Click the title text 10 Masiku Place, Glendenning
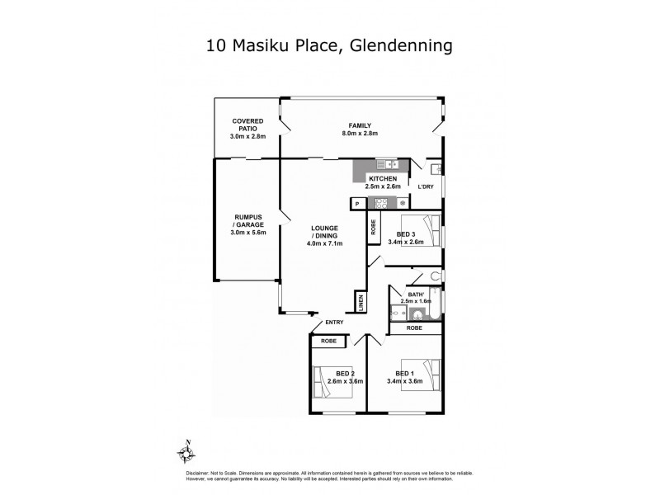[329, 46]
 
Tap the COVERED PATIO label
[247, 129]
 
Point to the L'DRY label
[426, 186]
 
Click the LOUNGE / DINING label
[324, 235]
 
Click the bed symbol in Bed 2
[331, 380]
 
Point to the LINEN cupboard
[361, 303]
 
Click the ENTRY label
[334, 323]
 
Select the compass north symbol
[186, 452]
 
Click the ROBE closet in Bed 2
[328, 340]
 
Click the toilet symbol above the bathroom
[436, 277]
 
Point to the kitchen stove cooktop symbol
[381, 203]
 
